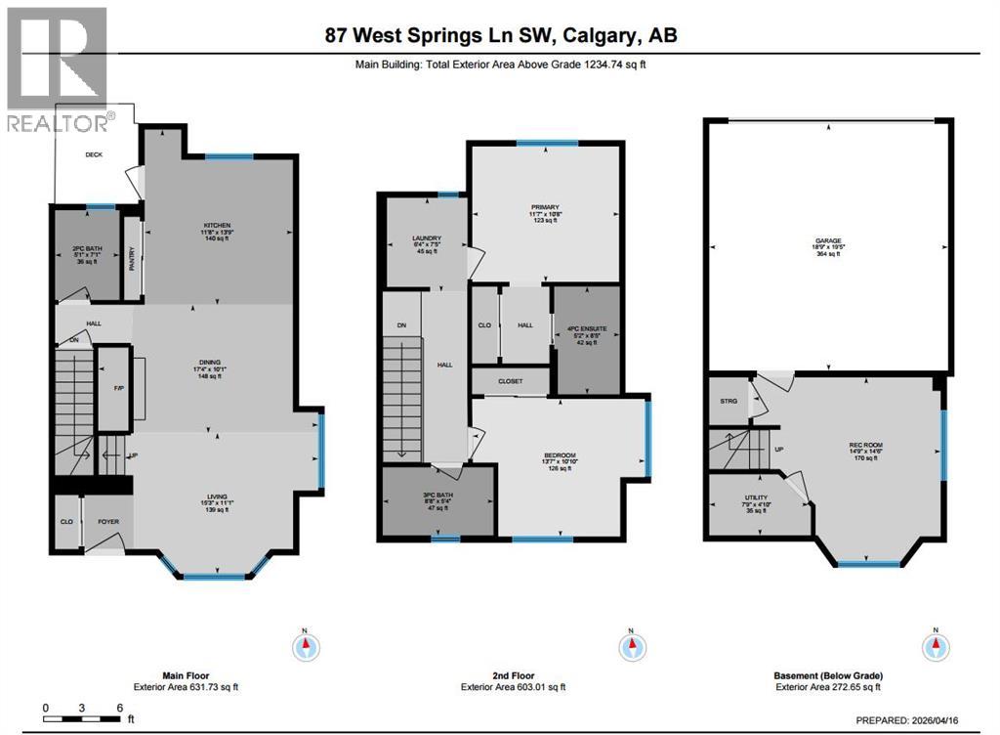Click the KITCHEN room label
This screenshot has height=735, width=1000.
coord(217,226)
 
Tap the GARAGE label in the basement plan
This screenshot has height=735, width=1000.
coord(829,240)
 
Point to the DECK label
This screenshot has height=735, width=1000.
coord(94,154)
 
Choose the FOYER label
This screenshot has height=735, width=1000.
coord(107,522)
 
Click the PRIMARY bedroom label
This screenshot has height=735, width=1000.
coord(544,207)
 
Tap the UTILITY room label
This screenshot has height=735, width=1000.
coord(756,497)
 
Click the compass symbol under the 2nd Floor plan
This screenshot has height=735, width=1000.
coord(631,646)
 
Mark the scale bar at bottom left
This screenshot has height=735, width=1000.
coord(82,716)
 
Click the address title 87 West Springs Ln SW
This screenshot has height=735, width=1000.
coord(500,35)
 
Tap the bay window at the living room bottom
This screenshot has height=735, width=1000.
coord(217,575)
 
